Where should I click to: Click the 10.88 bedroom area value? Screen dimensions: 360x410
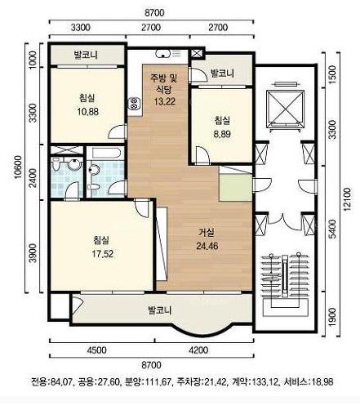[x=87, y=112]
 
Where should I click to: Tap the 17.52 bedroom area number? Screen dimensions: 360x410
[x=102, y=254]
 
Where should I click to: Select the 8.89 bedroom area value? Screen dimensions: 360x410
[x=222, y=134]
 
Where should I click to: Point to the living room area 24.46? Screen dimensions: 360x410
[x=207, y=246]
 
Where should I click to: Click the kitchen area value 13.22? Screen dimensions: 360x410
[x=164, y=101]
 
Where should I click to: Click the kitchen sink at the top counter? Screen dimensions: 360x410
[x=162, y=54]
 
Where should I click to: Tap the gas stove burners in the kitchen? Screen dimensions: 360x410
[x=134, y=104]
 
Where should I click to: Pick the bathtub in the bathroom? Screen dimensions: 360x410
[x=106, y=153]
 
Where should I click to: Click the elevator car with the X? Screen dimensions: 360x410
[x=285, y=109]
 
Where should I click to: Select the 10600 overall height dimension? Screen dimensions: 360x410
[x=18, y=167]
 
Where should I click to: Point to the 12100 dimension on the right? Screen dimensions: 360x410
[x=347, y=199]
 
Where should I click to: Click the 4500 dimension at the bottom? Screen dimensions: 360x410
[x=97, y=350]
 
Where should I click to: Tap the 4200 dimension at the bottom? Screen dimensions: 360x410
[x=198, y=350]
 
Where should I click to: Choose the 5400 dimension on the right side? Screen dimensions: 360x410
[x=332, y=229]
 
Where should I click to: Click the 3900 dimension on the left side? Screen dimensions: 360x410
[x=33, y=252]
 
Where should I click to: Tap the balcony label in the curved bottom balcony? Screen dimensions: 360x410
[x=159, y=310]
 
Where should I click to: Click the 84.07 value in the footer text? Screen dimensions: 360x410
[x=60, y=382]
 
